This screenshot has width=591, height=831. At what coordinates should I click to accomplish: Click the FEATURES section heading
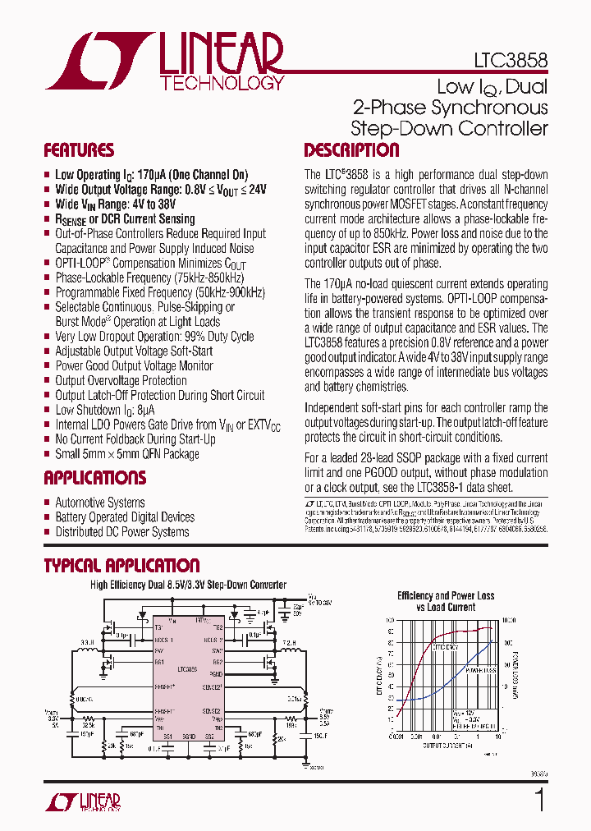79,150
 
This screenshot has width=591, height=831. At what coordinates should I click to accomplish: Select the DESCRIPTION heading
351,150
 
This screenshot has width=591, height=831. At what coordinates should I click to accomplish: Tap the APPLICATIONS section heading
94,478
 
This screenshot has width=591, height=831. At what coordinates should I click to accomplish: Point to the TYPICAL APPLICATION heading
121,565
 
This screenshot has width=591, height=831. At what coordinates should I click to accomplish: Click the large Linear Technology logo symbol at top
98,62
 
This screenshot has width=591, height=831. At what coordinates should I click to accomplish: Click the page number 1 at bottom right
539,800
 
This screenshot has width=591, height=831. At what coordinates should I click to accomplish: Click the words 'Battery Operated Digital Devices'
125,517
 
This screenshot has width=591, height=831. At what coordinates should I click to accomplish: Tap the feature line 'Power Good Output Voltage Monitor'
134,365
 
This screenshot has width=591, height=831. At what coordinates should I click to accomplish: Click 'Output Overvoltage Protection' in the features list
121,380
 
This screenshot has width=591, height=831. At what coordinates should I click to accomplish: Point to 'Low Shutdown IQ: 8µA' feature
104,410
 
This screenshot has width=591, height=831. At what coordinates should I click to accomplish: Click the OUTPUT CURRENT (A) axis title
447,745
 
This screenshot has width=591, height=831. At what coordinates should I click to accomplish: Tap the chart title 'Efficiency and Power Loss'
446,595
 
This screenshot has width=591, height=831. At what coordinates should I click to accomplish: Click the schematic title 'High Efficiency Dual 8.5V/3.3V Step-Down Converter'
188,585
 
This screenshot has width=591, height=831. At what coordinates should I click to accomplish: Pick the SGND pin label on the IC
188,737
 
